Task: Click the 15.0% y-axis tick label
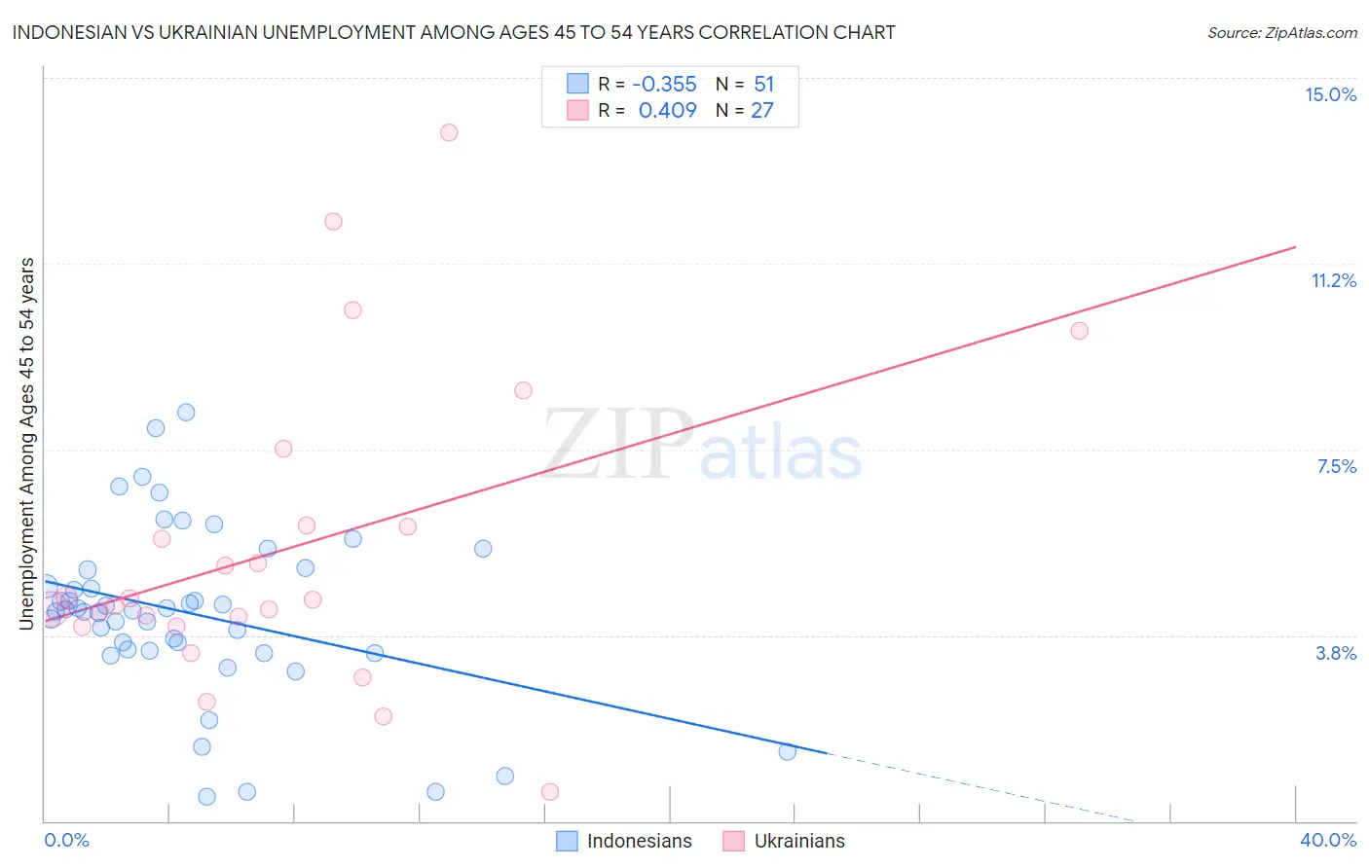point(1330,94)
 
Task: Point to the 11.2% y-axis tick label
point(1333,280)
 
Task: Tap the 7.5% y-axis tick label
point(1336,466)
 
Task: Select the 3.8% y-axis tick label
point(1336,653)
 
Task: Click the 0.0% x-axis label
point(66,840)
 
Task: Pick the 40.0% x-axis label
point(1327,840)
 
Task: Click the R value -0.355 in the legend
point(664,84)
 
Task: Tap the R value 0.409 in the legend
point(667,110)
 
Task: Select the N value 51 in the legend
point(763,84)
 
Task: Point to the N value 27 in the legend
point(761,110)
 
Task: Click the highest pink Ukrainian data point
point(449,132)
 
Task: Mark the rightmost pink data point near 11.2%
point(1079,331)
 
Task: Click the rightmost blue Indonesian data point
point(788,751)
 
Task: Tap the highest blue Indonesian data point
point(186,412)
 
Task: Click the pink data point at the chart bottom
point(550,792)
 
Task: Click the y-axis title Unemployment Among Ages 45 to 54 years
point(27,444)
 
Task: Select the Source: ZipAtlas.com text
point(1281,32)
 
